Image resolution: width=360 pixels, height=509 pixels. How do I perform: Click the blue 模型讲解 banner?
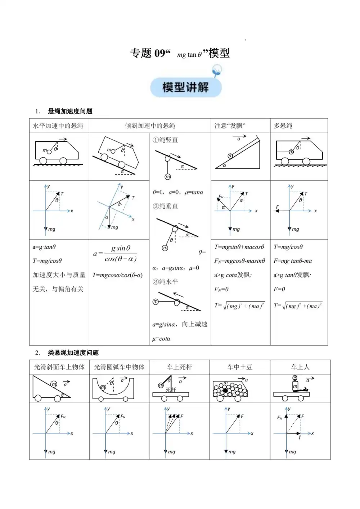click(x=185, y=87)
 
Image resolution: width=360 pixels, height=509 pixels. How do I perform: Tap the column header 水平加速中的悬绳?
click(x=58, y=126)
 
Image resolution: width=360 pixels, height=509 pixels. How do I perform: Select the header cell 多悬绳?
click(x=283, y=126)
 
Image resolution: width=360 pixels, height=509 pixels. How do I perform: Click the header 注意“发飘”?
click(x=230, y=126)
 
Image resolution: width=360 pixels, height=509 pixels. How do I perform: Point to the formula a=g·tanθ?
click(x=44, y=247)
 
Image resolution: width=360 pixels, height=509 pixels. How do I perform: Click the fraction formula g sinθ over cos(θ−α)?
click(x=120, y=253)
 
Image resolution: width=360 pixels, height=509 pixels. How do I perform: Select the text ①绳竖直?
click(x=165, y=140)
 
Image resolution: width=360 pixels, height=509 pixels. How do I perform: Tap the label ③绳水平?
click(x=165, y=281)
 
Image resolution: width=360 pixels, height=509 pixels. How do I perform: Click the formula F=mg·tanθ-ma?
click(x=293, y=261)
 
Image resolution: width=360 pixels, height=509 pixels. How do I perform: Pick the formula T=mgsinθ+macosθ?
click(x=239, y=247)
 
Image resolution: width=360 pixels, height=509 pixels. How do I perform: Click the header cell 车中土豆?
click(x=240, y=367)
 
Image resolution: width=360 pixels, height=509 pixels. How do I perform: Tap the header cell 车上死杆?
click(x=179, y=367)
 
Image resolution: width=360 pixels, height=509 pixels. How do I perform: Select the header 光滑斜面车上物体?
click(x=59, y=367)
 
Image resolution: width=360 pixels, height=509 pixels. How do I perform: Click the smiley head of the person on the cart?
click(x=295, y=378)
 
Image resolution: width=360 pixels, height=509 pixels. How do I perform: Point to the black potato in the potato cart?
click(x=226, y=390)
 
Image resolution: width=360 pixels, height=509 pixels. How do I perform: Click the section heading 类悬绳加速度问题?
click(x=73, y=353)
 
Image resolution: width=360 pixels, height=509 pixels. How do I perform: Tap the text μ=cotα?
click(x=161, y=339)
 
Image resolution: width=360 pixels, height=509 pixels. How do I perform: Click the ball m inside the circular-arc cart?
click(x=103, y=387)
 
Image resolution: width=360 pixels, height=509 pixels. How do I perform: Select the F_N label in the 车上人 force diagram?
click(x=280, y=418)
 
